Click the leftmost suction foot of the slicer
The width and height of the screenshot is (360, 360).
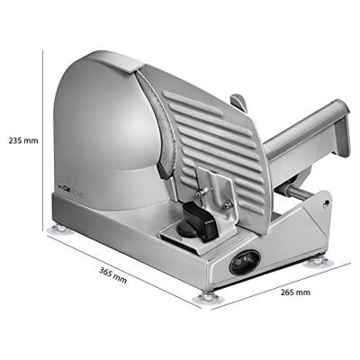tap(58, 229)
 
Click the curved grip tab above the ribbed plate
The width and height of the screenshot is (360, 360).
tap(237, 101)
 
